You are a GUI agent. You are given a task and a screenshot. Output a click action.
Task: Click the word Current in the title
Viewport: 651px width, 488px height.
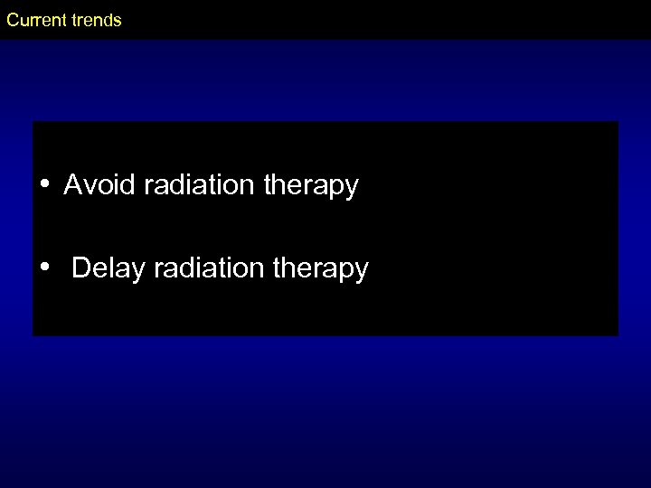[34, 20]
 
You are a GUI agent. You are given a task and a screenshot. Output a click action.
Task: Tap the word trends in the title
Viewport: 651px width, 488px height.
[94, 20]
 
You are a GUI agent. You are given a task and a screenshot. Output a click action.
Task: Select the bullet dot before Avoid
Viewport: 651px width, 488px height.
[44, 186]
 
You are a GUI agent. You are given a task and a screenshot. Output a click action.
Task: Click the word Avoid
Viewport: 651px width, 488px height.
[94, 186]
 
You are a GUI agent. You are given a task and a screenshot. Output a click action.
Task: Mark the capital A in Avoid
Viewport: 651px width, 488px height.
[72, 186]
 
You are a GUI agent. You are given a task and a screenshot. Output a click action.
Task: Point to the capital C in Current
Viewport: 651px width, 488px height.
[13, 20]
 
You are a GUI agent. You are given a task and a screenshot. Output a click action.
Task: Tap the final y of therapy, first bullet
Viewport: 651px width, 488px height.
[353, 190]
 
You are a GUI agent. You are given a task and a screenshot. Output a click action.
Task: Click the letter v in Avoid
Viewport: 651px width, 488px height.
[88, 188]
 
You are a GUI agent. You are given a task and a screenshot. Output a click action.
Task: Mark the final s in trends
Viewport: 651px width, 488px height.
[117, 21]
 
